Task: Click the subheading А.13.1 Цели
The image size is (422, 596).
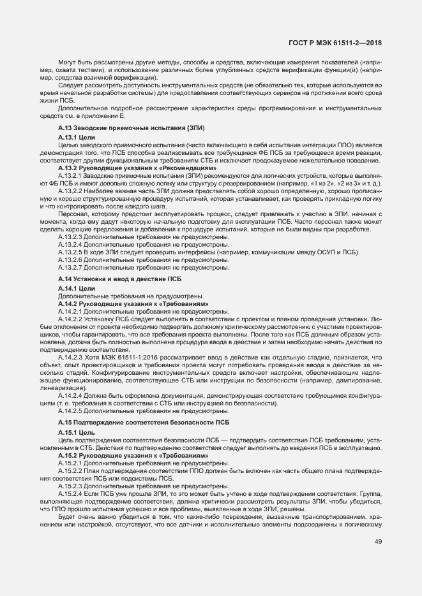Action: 77,138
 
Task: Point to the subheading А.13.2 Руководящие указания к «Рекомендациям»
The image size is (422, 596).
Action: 137,168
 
